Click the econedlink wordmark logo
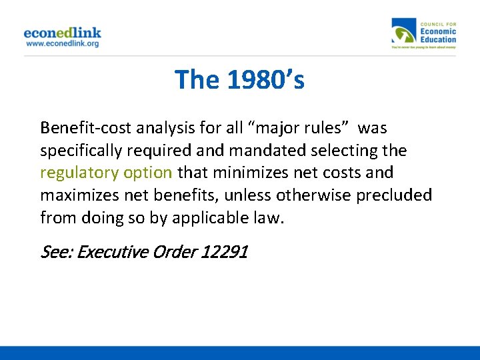[62, 32]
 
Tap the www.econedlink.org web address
[62, 43]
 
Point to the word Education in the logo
[438, 39]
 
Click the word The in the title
[197, 80]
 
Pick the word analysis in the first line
[151, 127]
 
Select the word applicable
[204, 218]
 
